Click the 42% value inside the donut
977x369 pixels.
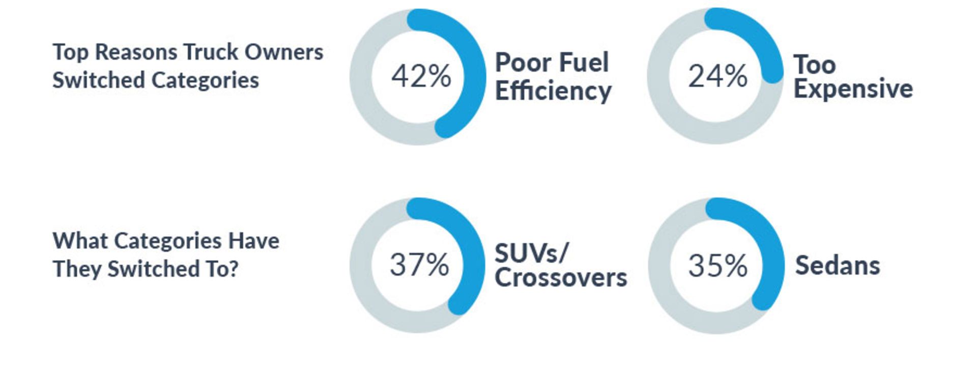[x=421, y=76]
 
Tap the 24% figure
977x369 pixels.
[x=717, y=76]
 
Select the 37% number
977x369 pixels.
[x=419, y=265]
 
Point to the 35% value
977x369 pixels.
[x=717, y=266]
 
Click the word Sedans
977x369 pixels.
[x=838, y=266]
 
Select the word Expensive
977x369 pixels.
[x=853, y=89]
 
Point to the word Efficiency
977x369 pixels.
[x=553, y=92]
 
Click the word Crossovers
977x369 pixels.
[x=561, y=278]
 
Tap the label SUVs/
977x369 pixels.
[x=531, y=253]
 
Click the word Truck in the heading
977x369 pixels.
[x=211, y=52]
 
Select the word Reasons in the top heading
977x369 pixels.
[x=136, y=52]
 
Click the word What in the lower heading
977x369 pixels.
[x=80, y=241]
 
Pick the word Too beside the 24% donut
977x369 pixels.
[x=815, y=65]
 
